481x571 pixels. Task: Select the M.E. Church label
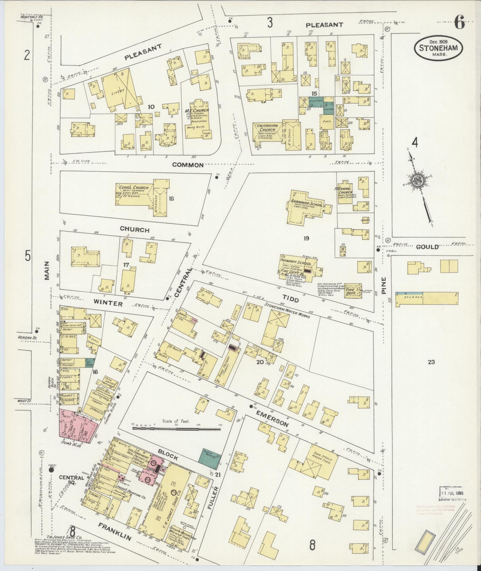pos(197,111)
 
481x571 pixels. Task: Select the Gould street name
pos(427,247)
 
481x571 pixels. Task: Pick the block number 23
pos(431,362)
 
